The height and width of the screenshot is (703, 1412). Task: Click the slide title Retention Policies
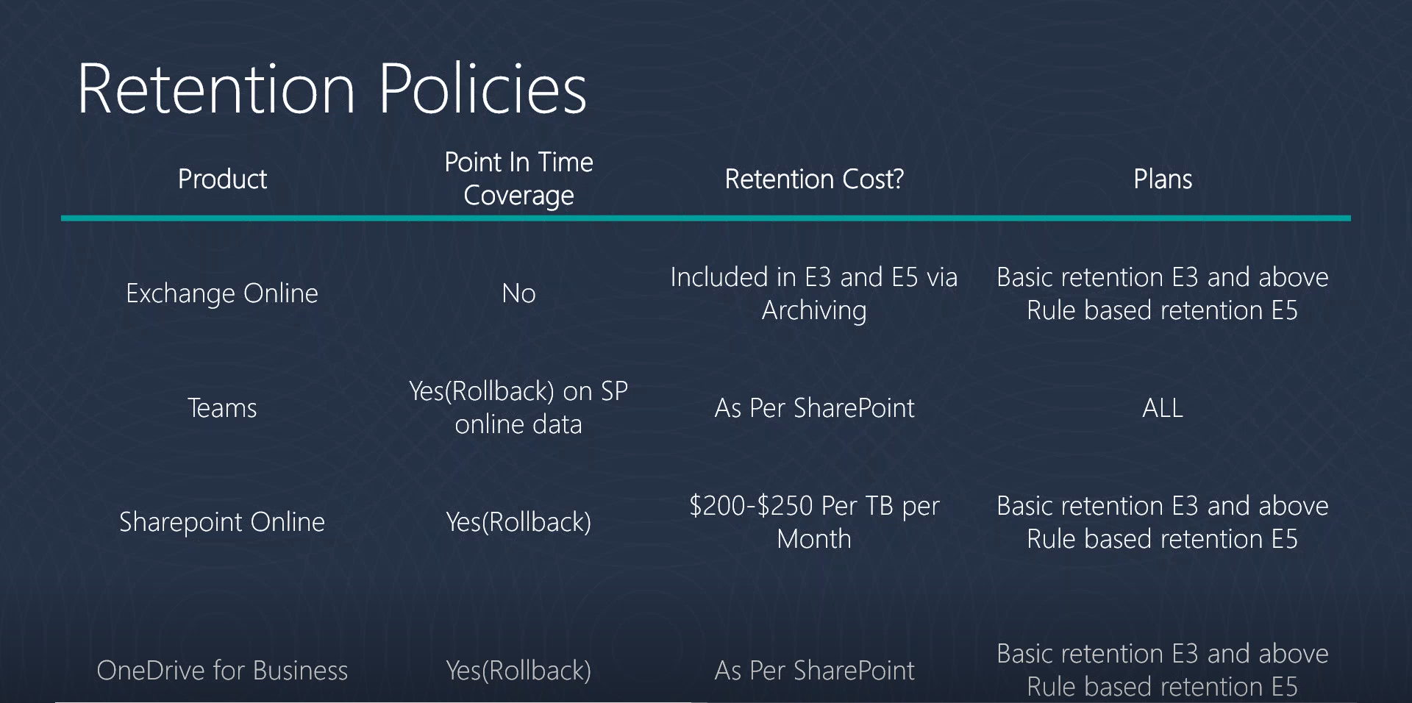[x=332, y=88]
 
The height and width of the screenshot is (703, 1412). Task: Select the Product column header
[x=222, y=179]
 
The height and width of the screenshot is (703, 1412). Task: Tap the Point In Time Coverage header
[x=518, y=179]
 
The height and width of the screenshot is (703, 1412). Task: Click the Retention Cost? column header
[x=814, y=179]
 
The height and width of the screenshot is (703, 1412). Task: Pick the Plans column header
[x=1163, y=179]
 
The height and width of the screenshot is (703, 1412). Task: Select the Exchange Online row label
[x=222, y=293]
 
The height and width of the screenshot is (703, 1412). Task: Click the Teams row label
[x=222, y=408]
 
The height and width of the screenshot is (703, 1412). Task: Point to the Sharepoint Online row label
[x=222, y=522]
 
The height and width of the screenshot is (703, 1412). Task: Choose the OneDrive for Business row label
[x=222, y=671]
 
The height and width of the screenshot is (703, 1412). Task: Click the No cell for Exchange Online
[x=518, y=293]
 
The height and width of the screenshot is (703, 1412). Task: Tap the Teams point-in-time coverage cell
[x=518, y=407]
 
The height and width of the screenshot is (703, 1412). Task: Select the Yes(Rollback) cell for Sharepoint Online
[x=518, y=522]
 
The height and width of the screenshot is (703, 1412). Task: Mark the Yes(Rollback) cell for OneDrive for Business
[x=518, y=671]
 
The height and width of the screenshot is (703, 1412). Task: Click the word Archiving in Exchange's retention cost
[x=814, y=311]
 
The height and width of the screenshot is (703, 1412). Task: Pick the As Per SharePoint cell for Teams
[x=814, y=408]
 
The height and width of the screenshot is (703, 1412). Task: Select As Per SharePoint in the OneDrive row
[x=814, y=671]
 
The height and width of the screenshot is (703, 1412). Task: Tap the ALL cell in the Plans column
[x=1163, y=408]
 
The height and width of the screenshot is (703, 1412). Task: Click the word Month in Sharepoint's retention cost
[x=814, y=539]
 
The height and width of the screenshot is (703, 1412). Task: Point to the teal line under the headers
[x=706, y=218]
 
